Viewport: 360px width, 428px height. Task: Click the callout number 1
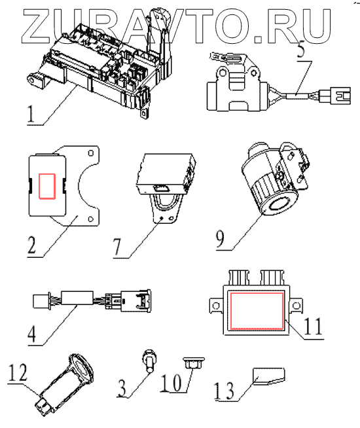[x=31, y=114]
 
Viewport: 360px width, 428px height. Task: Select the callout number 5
[x=300, y=49]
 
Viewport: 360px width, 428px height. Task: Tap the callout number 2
[x=31, y=245]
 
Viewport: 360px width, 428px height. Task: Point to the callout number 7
[x=117, y=246]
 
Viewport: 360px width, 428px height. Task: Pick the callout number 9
[x=221, y=239]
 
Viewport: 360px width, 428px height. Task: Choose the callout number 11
[x=313, y=327]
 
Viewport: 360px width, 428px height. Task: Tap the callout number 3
[x=122, y=389]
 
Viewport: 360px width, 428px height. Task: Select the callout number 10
[x=171, y=383]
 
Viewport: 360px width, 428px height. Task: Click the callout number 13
[x=224, y=391]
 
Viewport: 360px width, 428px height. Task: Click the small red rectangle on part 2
[x=47, y=186]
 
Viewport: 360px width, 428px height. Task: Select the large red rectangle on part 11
[x=257, y=311]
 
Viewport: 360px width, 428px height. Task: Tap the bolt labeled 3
[x=149, y=361]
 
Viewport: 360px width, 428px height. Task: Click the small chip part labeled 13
[x=269, y=376]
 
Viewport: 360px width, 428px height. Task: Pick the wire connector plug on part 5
[x=335, y=96]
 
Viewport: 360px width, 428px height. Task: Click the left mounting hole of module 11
[x=216, y=306]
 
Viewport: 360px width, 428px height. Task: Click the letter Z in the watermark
[x=38, y=26]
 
